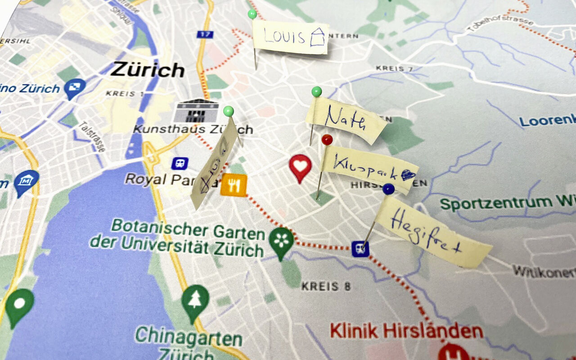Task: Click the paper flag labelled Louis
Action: click(290, 38)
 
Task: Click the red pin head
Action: click(327, 139)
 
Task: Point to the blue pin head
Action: click(388, 189)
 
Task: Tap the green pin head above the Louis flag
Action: click(252, 14)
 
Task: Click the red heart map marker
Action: click(300, 167)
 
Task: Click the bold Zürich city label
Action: click(148, 70)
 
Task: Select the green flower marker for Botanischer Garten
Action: click(281, 242)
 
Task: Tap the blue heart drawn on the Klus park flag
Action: click(408, 175)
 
